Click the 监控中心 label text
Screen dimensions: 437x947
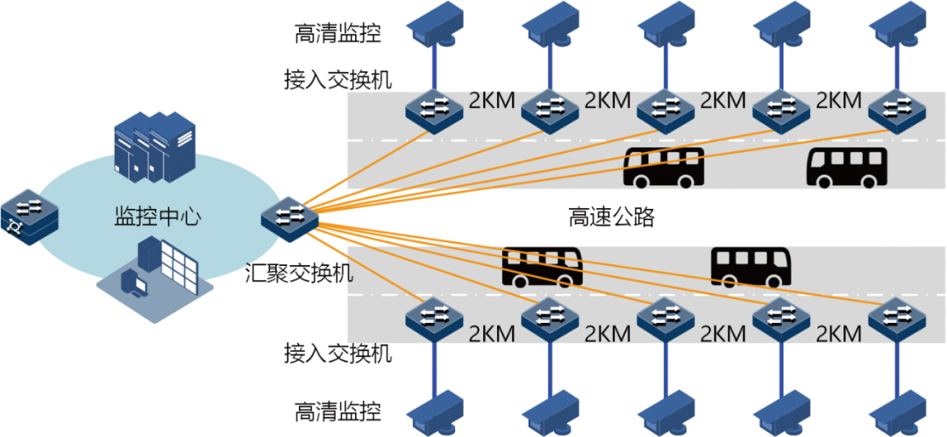coord(158,216)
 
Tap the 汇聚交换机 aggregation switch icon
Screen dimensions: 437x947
coord(290,215)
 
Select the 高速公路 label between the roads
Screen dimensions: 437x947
coord(611,216)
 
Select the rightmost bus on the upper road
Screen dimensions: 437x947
coord(847,168)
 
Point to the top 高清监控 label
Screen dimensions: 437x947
coord(338,32)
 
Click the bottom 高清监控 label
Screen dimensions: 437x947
coord(338,410)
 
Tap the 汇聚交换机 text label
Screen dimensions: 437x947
coord(298,272)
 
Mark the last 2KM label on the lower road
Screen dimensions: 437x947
coord(839,333)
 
